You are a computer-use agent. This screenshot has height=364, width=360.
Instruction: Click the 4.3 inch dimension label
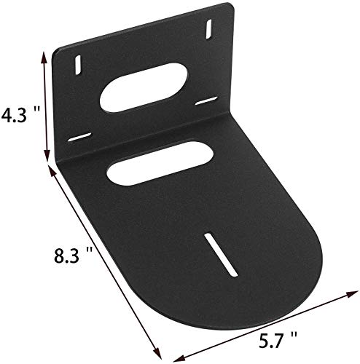(x=16, y=114)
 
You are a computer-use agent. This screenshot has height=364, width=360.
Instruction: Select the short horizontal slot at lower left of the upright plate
(x=80, y=138)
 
